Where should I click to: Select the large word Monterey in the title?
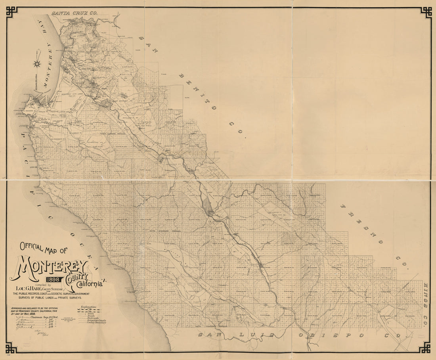click(x=50, y=266)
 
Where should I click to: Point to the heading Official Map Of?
click(x=44, y=249)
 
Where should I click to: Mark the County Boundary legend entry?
click(x=92, y=323)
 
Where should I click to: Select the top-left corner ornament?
click(x=11, y=11)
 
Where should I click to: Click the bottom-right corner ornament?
click(x=425, y=348)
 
